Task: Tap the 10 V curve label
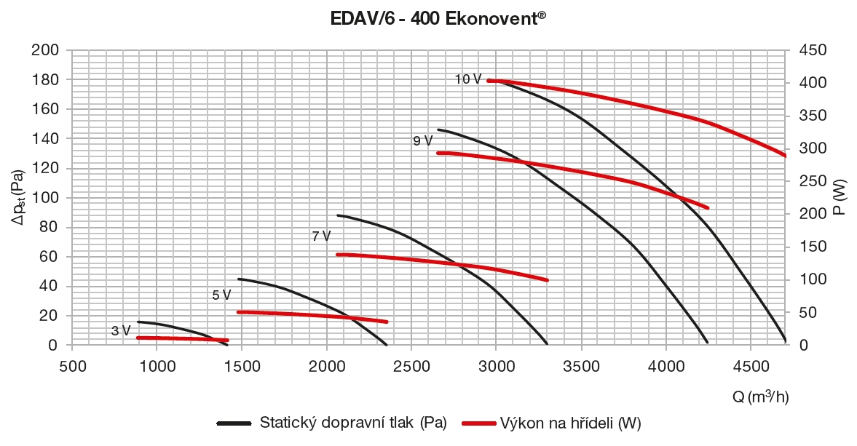click(467, 79)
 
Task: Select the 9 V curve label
click(422, 141)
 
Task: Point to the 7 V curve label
click(320, 236)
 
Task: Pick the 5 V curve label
click(221, 295)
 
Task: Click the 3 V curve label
click(121, 331)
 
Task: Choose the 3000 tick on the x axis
click(496, 365)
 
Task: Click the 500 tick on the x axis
click(72, 365)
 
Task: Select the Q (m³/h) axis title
click(760, 397)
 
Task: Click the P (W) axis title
click(838, 197)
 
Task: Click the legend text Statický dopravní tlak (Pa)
click(352, 423)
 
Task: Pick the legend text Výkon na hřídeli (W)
click(570, 423)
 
